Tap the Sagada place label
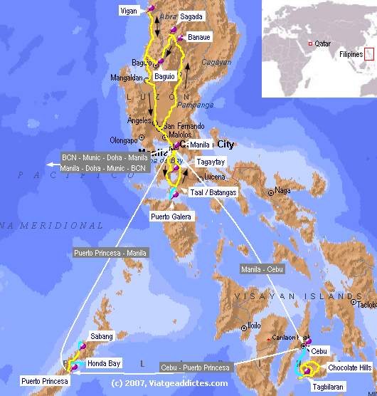(191, 16)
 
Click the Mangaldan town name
(127, 77)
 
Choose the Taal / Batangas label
(213, 192)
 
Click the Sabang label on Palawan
(102, 335)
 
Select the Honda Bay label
(104, 363)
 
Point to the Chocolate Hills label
(347, 368)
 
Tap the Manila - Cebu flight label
(260, 269)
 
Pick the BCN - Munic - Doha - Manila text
(105, 158)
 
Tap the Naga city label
(283, 191)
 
